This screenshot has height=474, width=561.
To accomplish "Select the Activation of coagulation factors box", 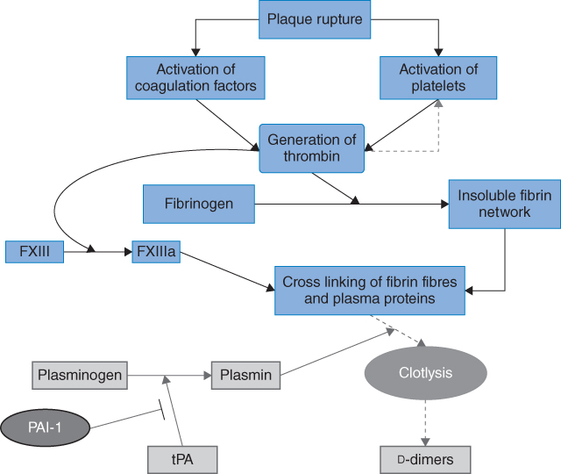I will point(196,78).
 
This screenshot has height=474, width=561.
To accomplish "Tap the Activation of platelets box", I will point(438,78).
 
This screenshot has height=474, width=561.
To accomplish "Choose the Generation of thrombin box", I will point(311,147).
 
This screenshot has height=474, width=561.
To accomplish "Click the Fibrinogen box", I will point(199,204).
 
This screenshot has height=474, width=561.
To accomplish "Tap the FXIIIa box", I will point(155,252).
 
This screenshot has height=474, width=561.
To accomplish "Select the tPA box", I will point(181,459).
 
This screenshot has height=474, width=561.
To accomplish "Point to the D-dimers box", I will point(425,459).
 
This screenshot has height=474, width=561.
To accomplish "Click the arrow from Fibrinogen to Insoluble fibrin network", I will point(351,204).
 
